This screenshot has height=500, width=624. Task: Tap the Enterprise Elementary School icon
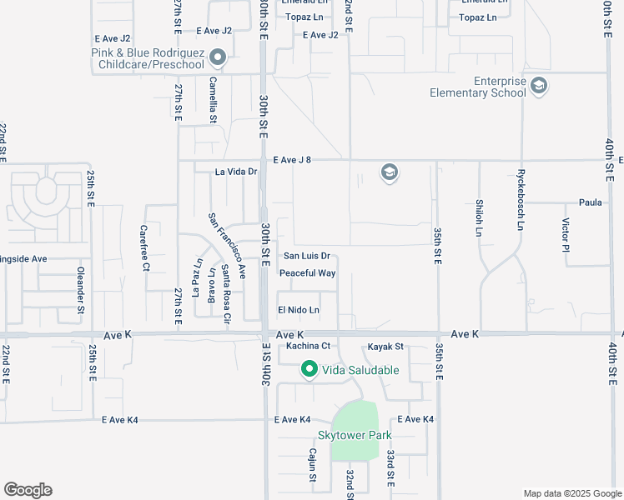(x=539, y=85)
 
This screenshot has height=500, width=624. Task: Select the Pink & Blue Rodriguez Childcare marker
(x=219, y=58)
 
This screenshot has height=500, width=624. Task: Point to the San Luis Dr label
(x=306, y=257)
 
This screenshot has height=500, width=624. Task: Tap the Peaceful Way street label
(x=307, y=273)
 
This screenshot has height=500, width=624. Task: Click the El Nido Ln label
(x=299, y=310)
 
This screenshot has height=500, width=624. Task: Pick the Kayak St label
(x=385, y=346)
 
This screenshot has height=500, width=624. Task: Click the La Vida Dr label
(x=236, y=172)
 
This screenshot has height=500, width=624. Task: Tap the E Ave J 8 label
(x=291, y=160)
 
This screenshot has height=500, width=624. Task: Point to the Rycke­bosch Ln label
(x=520, y=202)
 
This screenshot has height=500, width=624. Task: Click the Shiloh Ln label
(x=479, y=224)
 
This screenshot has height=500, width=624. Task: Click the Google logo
(x=28, y=490)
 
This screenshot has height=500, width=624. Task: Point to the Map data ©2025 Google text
(x=571, y=493)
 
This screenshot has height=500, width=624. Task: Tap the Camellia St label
(x=214, y=101)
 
